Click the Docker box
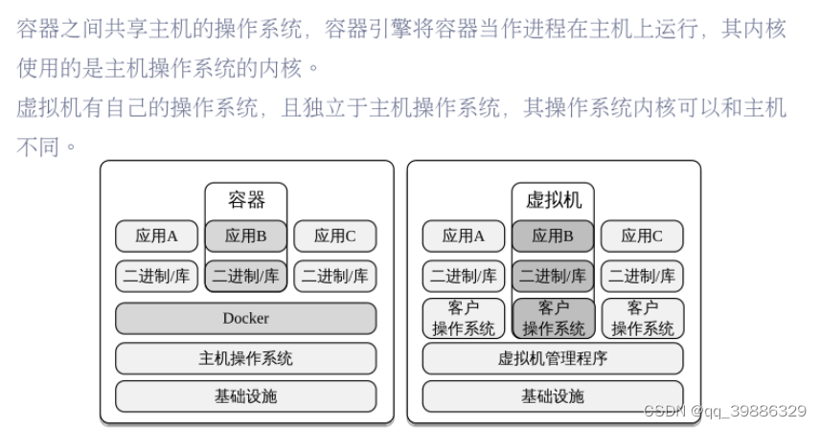245,318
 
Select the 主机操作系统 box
245,358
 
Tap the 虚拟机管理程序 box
553,358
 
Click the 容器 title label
246,200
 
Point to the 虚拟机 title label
553,200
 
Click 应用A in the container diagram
157,236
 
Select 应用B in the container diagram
246,236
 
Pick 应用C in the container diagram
335,236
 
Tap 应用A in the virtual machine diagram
464,236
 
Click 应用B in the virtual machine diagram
553,236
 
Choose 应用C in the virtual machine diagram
642,236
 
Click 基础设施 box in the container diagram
245,395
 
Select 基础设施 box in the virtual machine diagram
553,395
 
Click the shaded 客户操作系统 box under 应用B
553,318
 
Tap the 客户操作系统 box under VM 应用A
464,318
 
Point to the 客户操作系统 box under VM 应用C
642,318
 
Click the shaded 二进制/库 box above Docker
246,276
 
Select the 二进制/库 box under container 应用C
335,276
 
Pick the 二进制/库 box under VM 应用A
464,276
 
